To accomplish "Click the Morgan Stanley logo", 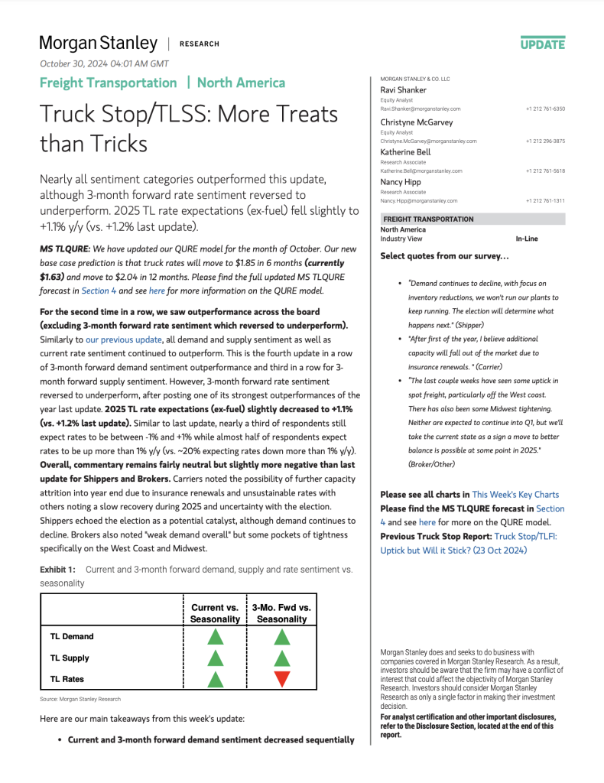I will [x=98, y=44].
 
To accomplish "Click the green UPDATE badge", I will [x=542, y=44].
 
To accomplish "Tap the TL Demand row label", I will [x=72, y=636].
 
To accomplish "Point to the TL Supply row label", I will [x=70, y=658].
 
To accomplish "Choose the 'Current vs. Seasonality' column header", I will [x=215, y=613].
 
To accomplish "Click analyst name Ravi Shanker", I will [x=404, y=90].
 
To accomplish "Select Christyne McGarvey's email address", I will [x=428, y=141].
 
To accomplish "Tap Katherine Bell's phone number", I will [x=545, y=171].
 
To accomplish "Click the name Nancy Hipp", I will [x=401, y=181].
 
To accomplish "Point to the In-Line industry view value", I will [x=527, y=239].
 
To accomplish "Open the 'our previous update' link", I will [x=124, y=339].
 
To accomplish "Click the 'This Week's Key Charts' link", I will [x=515, y=495].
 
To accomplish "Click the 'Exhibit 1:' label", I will [x=57, y=570].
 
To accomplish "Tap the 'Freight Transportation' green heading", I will [x=108, y=83].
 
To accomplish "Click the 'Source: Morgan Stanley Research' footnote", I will [x=80, y=699].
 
